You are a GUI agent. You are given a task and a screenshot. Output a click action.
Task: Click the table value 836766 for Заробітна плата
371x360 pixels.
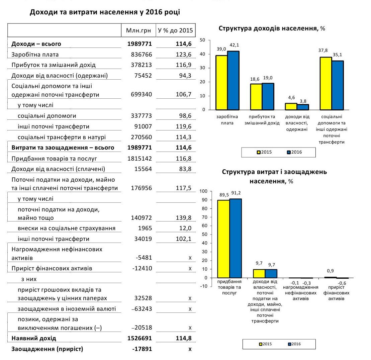click(x=140, y=54)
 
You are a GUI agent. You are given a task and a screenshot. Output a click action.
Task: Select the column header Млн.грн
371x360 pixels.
click(x=138, y=31)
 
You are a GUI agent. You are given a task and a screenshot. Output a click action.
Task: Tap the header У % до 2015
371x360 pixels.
click(x=176, y=31)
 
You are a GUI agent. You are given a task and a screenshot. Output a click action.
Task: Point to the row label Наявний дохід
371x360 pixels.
click(x=34, y=338)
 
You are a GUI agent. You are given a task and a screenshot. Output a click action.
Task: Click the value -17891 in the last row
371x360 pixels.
click(x=142, y=349)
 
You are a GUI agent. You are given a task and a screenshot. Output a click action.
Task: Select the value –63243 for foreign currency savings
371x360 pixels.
click(x=142, y=309)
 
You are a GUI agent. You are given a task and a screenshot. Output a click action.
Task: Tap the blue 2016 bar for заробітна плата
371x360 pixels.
click(x=233, y=80)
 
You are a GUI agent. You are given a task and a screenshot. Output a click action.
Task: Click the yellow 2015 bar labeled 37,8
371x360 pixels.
click(x=326, y=83)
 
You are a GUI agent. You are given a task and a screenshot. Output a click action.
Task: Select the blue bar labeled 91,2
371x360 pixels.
click(x=236, y=238)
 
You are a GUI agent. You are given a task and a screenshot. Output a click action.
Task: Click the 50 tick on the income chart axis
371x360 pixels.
click(x=202, y=40)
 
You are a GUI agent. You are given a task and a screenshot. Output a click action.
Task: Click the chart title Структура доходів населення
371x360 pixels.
click(x=272, y=28)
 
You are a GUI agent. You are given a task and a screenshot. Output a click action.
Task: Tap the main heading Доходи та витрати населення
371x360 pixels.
click(x=105, y=12)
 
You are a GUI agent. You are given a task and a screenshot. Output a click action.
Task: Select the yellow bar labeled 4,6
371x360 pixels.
click(x=291, y=106)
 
